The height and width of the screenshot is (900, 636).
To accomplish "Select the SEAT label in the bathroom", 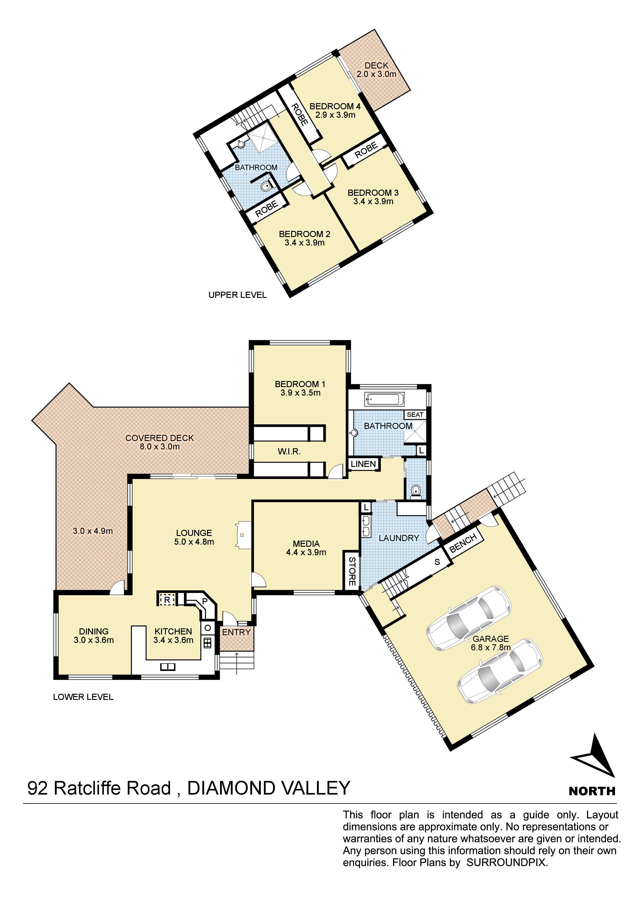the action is [415, 414].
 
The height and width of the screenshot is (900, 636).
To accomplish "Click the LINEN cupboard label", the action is [363, 464].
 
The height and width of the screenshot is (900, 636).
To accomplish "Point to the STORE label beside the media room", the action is [352, 571].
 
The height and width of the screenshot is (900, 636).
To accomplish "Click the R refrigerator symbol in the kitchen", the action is [167, 599].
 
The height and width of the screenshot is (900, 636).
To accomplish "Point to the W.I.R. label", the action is [289, 452].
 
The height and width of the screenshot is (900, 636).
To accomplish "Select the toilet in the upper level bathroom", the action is [266, 186].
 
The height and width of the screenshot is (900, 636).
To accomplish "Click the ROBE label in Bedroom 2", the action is [267, 209].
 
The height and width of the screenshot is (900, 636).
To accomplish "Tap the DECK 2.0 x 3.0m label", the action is [376, 70].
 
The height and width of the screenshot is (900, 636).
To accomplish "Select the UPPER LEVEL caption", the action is [237, 295].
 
